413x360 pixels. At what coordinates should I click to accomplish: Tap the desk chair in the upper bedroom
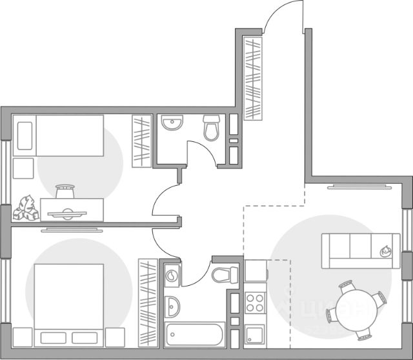point(65,191)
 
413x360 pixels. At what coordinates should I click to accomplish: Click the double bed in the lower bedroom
point(68,298)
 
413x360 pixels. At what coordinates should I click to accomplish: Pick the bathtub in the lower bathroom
point(194,335)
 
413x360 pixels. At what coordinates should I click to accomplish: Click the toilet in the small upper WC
point(211,128)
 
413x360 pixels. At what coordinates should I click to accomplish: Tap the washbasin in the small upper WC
point(172,123)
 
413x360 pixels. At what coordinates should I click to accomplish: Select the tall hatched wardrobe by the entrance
point(254,77)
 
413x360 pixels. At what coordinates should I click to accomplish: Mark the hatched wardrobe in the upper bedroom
point(141,141)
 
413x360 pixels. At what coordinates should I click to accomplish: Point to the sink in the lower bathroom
point(172,306)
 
